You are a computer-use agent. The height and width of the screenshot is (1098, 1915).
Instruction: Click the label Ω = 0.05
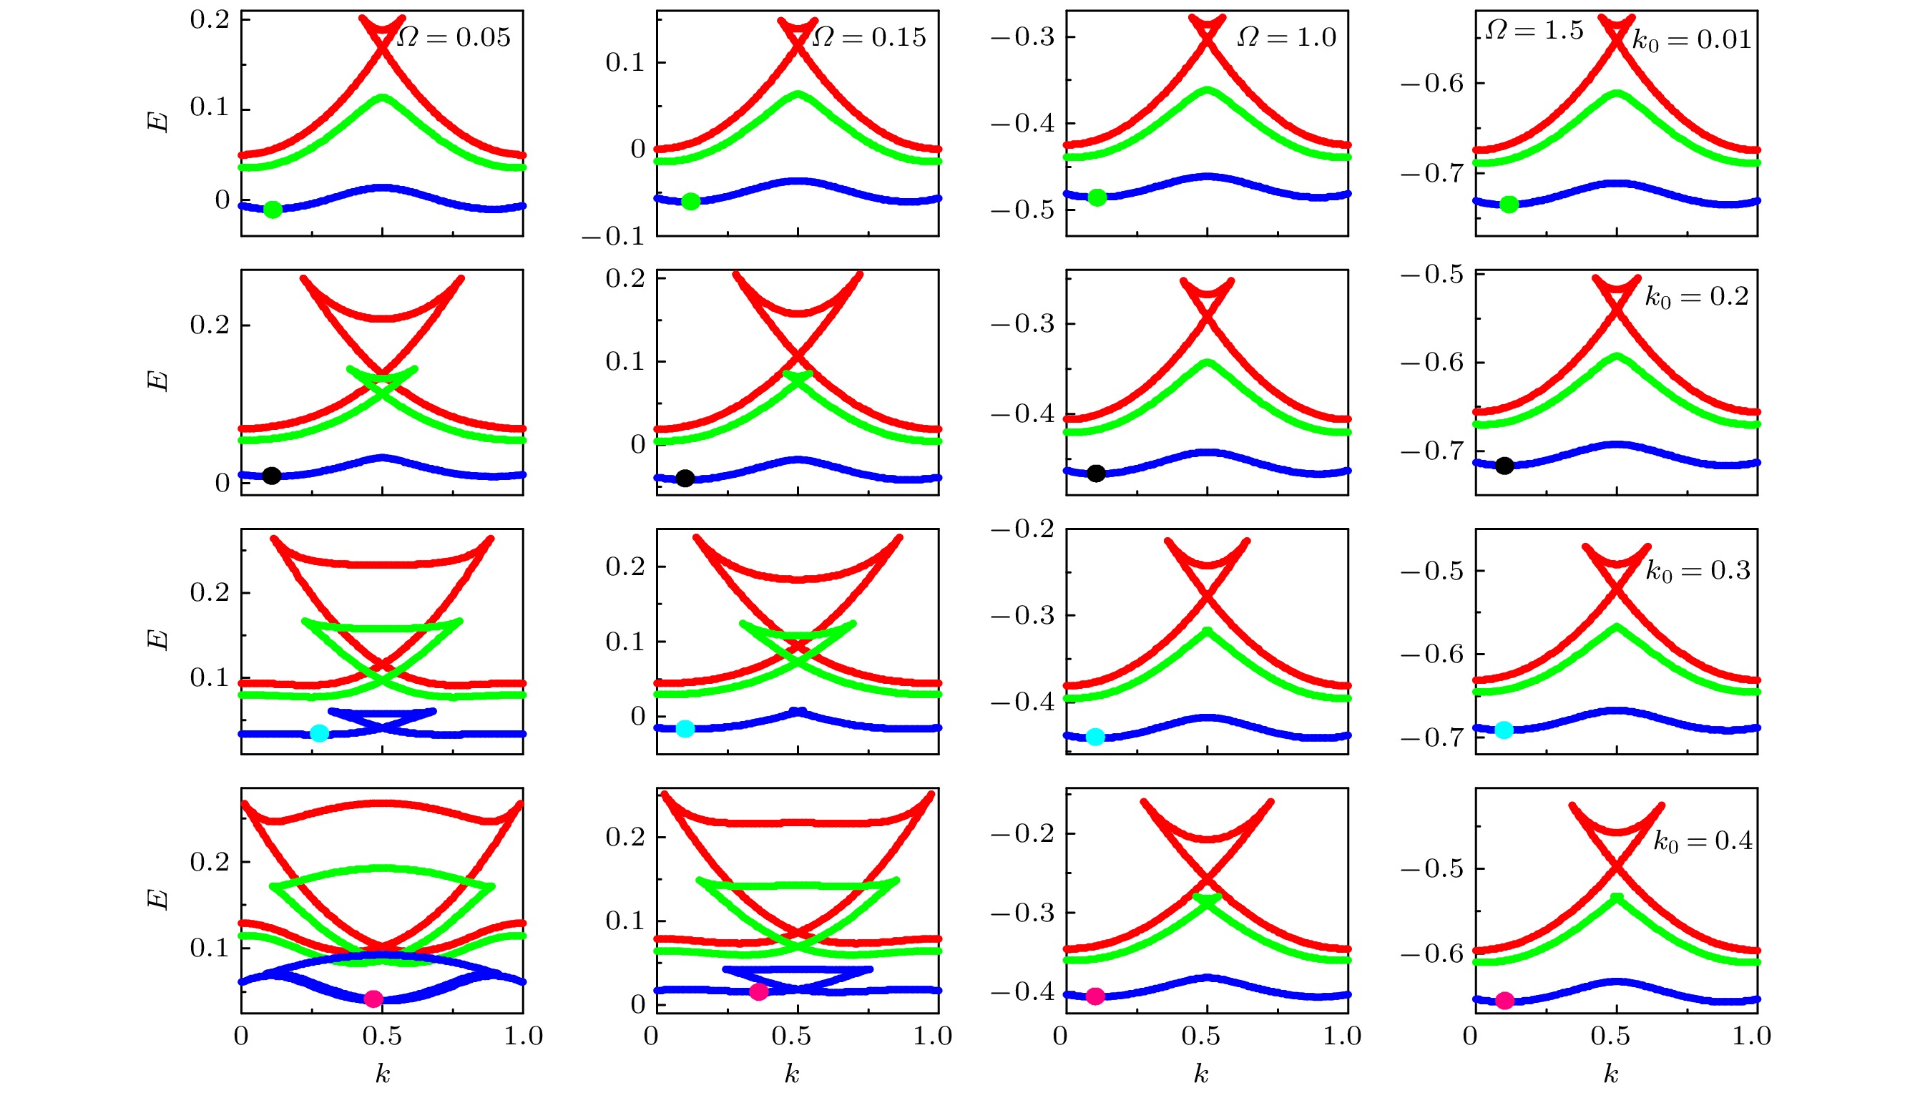[454, 37]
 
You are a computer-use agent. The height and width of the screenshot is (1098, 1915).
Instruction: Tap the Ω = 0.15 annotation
[869, 37]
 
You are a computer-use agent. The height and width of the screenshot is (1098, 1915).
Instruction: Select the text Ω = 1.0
[1286, 37]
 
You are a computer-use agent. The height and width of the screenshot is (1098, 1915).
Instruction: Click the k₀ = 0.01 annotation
[1691, 40]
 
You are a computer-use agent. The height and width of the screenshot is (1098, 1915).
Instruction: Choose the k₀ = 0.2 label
[1696, 297]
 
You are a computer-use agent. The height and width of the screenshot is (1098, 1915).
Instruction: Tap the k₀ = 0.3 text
[1697, 571]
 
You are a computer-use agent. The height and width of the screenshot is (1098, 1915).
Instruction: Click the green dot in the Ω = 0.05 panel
[273, 210]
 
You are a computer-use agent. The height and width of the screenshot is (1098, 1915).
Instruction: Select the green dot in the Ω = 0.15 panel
[690, 201]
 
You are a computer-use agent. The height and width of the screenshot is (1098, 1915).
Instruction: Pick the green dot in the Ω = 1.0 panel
[1098, 197]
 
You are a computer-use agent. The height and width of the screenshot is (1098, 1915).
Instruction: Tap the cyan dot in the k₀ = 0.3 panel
[1504, 730]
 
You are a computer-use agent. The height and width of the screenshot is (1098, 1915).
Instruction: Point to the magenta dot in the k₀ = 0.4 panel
[1505, 1001]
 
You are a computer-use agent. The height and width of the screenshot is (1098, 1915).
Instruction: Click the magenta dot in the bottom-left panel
[373, 999]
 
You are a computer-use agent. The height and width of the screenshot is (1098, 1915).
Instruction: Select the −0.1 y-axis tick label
[613, 237]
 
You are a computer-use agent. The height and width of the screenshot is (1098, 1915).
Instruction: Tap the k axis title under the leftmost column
[383, 1074]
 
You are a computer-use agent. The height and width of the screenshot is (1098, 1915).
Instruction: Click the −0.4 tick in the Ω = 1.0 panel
[1023, 124]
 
